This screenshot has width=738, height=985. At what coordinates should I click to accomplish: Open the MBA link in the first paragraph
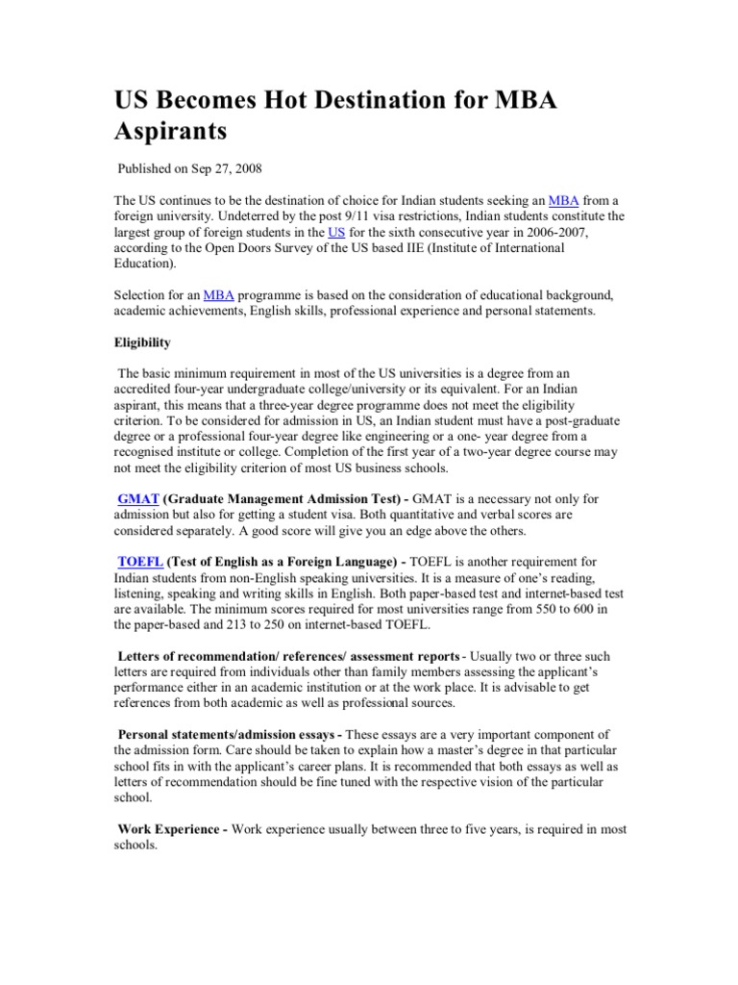pyautogui.click(x=562, y=200)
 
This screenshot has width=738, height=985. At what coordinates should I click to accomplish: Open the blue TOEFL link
pyautogui.click(x=140, y=562)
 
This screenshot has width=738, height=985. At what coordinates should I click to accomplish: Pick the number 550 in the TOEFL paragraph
pyautogui.click(x=527, y=609)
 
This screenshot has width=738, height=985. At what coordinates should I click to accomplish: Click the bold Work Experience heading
pyautogui.click(x=171, y=829)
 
